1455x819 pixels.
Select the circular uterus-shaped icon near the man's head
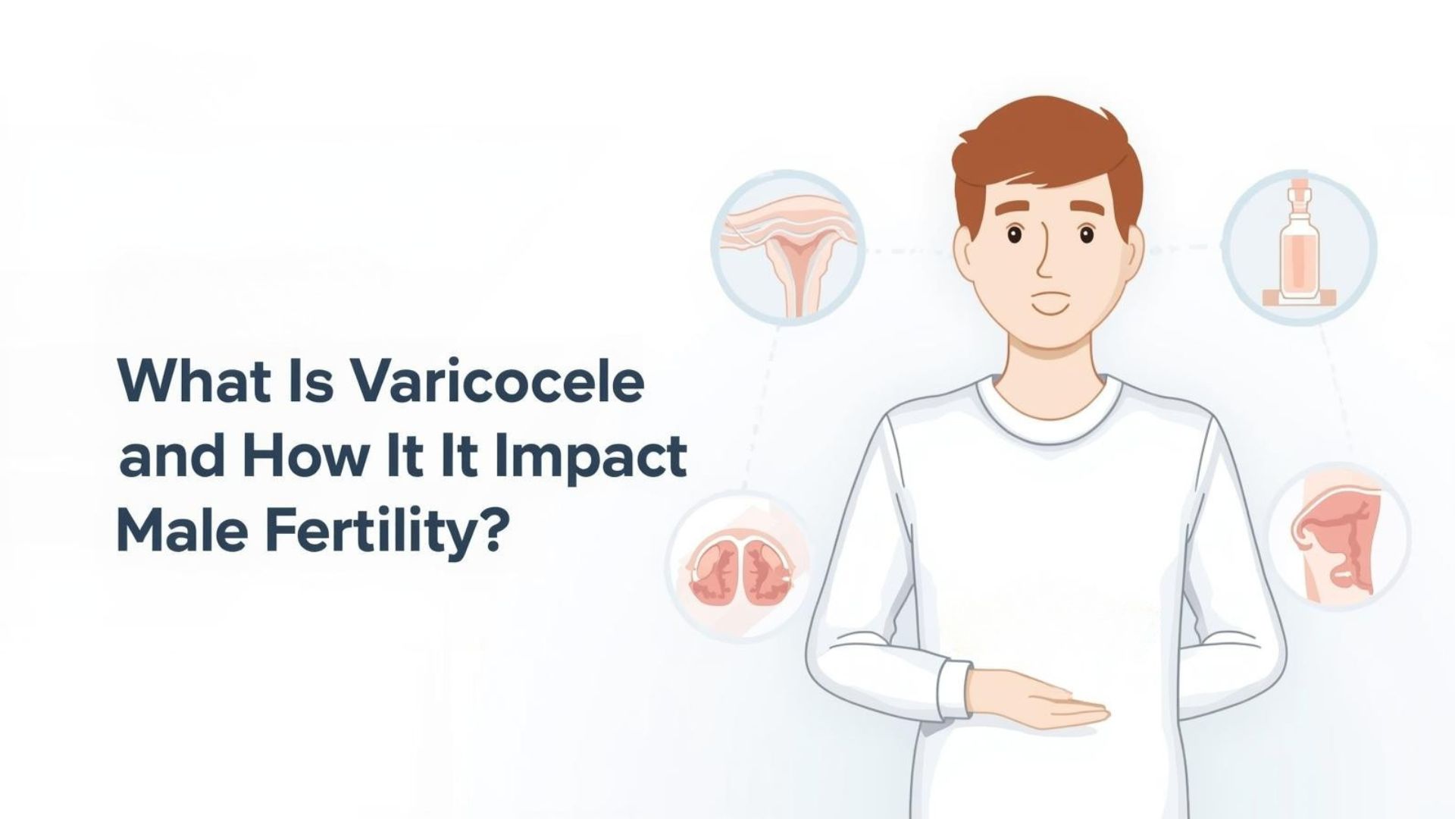[x=788, y=246]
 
